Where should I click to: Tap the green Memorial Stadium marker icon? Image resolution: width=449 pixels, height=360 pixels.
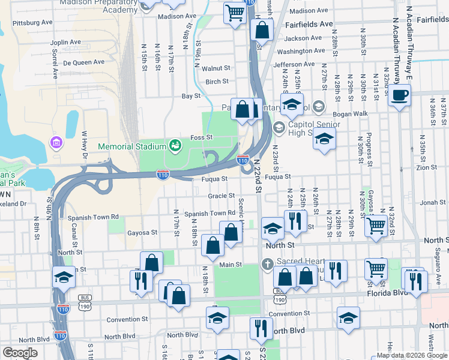click(x=175, y=146)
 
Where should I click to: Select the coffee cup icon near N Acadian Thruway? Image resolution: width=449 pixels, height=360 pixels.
click(x=399, y=94)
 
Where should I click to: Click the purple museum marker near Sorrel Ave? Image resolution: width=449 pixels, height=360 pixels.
click(x=58, y=143)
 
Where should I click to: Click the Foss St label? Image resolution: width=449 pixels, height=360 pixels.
click(x=202, y=137)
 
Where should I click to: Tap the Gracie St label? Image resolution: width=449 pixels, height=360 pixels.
click(x=221, y=196)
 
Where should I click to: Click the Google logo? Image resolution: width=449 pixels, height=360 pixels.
click(x=20, y=353)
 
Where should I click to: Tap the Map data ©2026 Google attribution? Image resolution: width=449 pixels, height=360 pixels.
click(x=411, y=355)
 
